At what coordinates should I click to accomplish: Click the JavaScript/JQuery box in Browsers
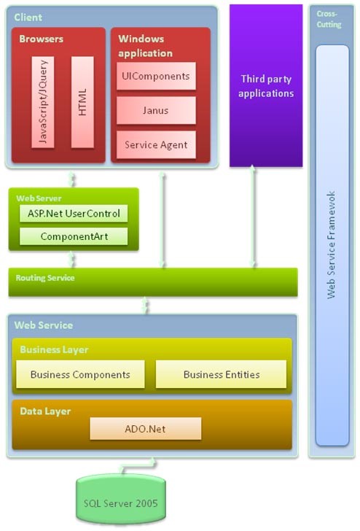(x=43, y=102)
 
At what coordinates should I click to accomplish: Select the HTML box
(x=82, y=102)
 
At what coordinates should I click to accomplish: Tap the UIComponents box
(x=156, y=76)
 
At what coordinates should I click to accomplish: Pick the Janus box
(x=156, y=110)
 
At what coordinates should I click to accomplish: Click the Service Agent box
(x=156, y=145)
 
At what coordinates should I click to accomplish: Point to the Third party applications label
(x=266, y=86)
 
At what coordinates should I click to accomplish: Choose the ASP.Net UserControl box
(x=74, y=213)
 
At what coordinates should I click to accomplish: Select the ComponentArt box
(x=74, y=236)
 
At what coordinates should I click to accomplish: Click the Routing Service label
(x=45, y=278)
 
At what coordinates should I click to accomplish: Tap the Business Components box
(x=80, y=374)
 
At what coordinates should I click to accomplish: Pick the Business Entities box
(x=222, y=374)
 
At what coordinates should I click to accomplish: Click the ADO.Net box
(x=146, y=429)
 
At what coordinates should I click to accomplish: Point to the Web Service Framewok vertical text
(x=332, y=245)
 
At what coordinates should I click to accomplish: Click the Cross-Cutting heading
(x=329, y=19)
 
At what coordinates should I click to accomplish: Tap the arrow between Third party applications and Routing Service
(x=252, y=216)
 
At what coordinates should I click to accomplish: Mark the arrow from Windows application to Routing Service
(x=162, y=220)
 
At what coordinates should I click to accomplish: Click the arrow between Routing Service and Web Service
(x=145, y=305)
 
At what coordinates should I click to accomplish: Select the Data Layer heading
(x=45, y=411)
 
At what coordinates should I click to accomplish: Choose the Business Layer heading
(x=54, y=349)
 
